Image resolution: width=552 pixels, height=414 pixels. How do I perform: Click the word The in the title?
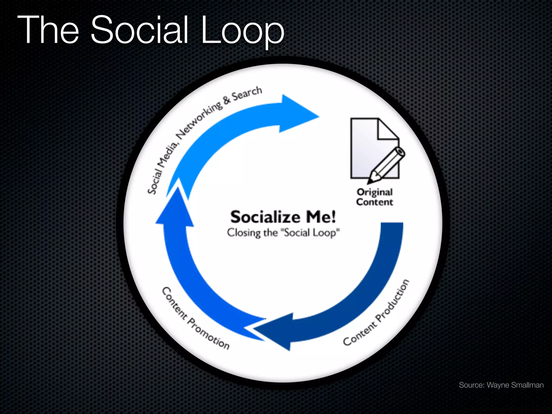[48, 30]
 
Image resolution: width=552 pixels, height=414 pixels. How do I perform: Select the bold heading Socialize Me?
[283, 217]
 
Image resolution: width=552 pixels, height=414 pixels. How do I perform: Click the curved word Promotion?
[209, 334]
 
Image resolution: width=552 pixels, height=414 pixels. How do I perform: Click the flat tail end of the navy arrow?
[392, 224]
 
